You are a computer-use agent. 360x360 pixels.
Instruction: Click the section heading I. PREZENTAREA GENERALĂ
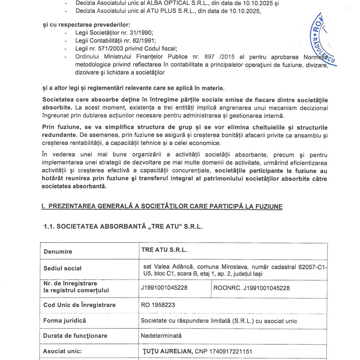(162, 206)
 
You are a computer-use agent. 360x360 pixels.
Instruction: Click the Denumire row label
(58, 252)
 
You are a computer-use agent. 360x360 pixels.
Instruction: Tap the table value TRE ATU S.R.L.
(164, 251)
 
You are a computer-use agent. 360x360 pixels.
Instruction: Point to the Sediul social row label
(62, 269)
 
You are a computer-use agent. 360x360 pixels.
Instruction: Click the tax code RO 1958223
(158, 305)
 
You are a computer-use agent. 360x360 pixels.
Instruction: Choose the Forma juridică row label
(65, 320)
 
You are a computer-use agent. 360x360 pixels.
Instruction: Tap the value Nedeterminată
(161, 335)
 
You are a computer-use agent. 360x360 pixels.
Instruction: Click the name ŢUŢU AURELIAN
(167, 351)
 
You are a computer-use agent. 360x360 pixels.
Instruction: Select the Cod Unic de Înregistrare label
(79, 305)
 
